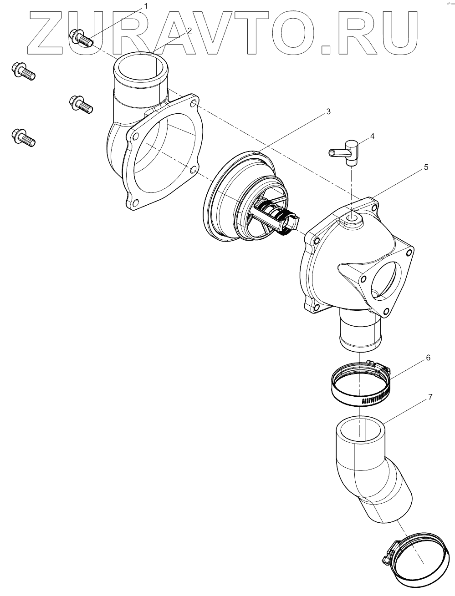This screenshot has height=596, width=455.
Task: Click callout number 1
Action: [x=146, y=6]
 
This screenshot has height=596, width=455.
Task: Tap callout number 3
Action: [x=328, y=112]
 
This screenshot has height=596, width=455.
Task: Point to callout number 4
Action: [x=372, y=136]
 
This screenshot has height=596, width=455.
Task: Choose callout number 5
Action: [x=426, y=167]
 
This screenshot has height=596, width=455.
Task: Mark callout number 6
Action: [x=428, y=358]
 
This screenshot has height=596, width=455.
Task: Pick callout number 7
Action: [x=430, y=397]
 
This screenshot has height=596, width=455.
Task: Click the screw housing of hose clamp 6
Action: [x=378, y=365]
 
